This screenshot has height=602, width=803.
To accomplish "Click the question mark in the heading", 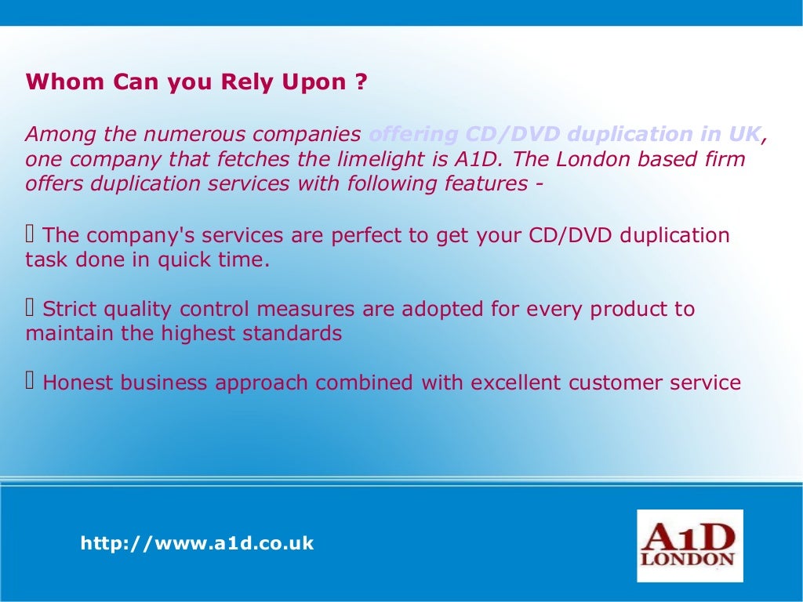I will (360, 82).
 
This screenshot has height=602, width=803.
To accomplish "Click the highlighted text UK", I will (747, 134).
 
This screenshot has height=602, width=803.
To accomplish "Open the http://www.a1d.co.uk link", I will (197, 543).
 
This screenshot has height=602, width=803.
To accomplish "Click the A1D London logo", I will (689, 546).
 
